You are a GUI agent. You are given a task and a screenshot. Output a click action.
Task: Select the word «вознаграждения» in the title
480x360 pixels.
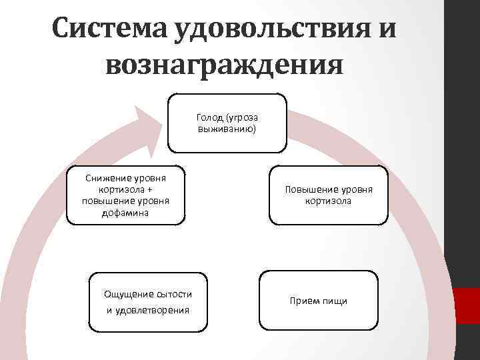pyautogui.click(x=225, y=66)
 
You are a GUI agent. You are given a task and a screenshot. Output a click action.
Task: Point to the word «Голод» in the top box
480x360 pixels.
pyautogui.click(x=209, y=117)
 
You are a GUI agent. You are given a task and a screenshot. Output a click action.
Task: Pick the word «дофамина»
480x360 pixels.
pyautogui.click(x=126, y=213)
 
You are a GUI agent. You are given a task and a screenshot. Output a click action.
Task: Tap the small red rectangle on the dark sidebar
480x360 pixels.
pyautogui.click(x=467, y=299)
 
